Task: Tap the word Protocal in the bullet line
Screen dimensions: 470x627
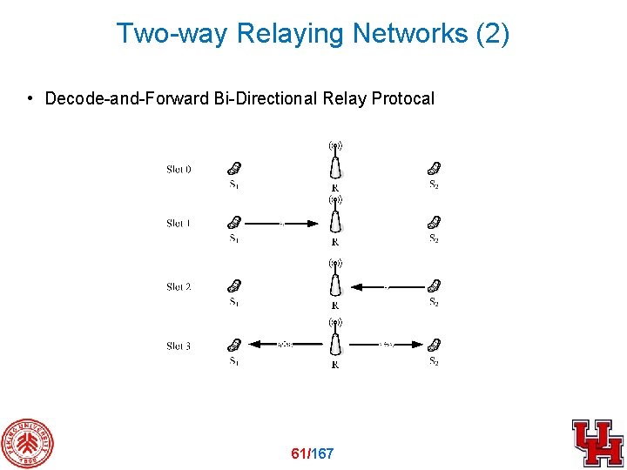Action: pos(402,98)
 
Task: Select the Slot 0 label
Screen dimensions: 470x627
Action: pos(179,169)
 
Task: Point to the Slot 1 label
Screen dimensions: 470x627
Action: pos(179,224)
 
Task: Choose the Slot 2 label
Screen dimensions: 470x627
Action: pos(179,286)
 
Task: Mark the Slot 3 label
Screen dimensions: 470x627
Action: pos(179,346)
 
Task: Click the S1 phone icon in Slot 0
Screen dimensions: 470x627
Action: pos(234,168)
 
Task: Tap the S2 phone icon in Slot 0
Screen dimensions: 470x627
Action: pos(434,168)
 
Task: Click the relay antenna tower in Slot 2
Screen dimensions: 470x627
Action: pos(335,280)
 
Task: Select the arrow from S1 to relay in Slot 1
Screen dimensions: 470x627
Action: pos(280,224)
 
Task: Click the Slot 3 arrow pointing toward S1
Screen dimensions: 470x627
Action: pos(283,346)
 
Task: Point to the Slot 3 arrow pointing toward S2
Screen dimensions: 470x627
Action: pos(388,346)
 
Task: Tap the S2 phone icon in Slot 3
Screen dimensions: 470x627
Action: pos(434,345)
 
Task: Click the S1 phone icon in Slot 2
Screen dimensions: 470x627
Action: pos(234,285)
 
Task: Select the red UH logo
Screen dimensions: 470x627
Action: pos(597,443)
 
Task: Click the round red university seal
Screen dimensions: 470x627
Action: pos(27,445)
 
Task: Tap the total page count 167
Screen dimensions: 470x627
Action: pos(321,453)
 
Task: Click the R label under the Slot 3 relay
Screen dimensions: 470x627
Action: pos(335,365)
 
